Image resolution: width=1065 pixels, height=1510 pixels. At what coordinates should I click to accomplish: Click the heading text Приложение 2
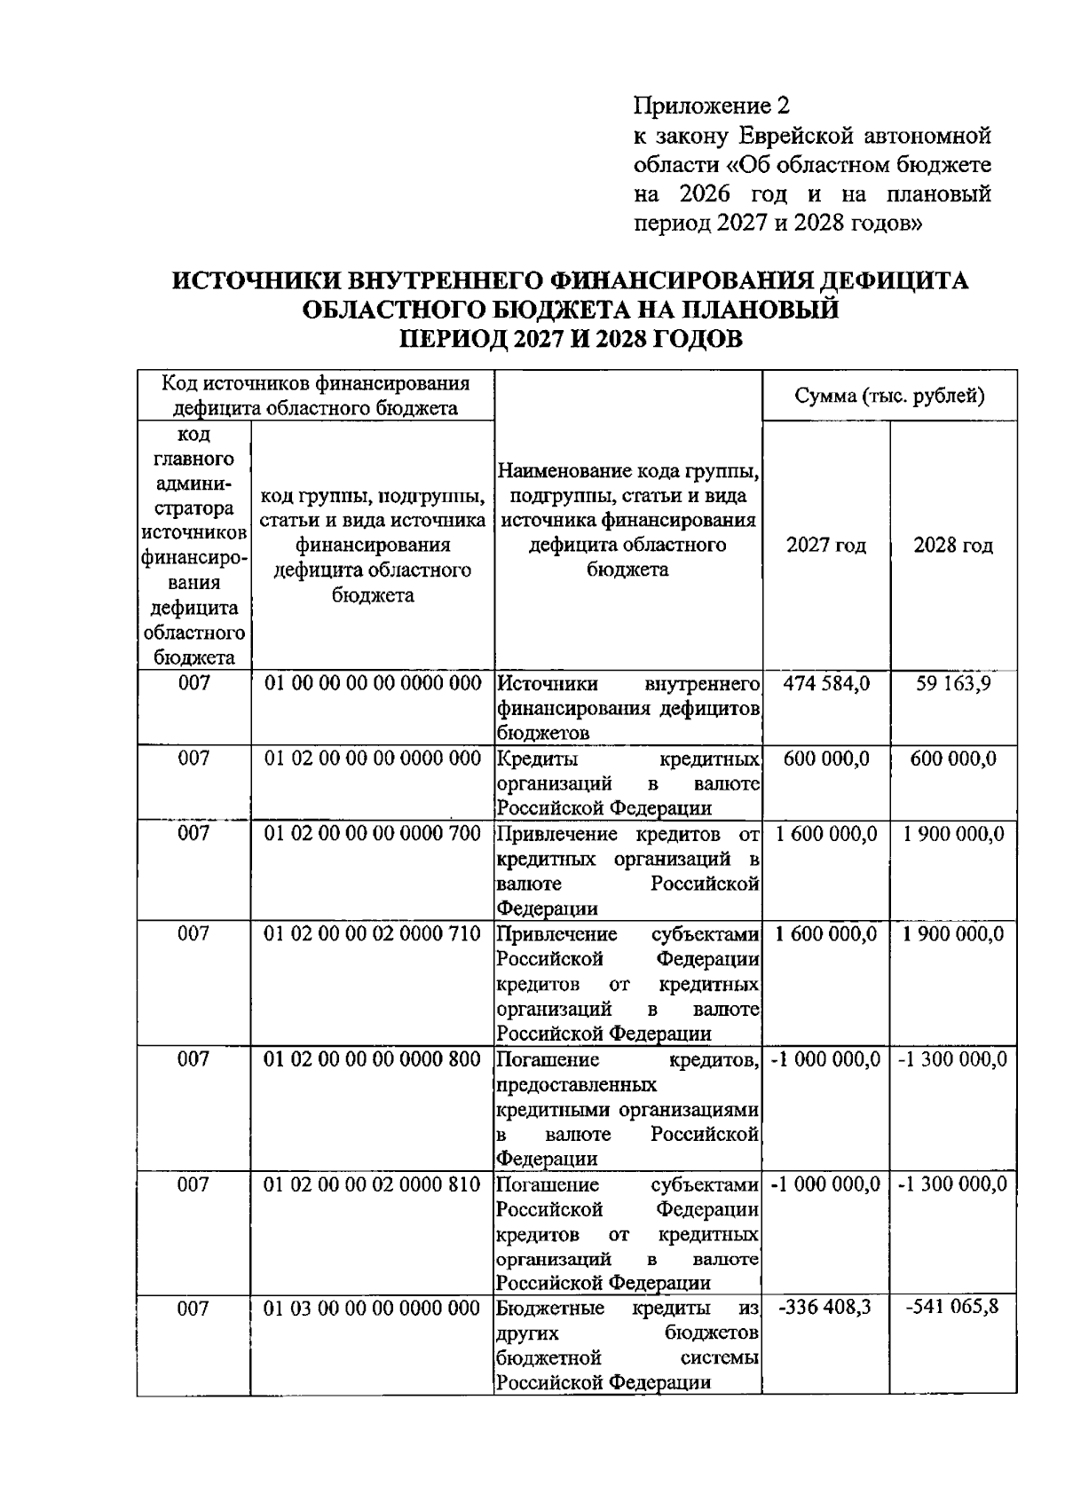(x=710, y=107)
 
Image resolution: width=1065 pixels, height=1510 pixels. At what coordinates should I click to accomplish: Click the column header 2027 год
(x=825, y=546)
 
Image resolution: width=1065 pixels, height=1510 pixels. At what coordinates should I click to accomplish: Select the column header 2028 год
(x=953, y=546)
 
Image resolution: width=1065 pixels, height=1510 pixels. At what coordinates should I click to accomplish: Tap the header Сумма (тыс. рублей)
(x=889, y=396)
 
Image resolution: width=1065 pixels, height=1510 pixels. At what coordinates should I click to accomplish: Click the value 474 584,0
(x=826, y=684)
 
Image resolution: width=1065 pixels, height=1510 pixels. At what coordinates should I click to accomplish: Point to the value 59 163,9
(x=953, y=684)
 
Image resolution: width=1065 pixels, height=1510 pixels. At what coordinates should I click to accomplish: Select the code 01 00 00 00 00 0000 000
(x=373, y=684)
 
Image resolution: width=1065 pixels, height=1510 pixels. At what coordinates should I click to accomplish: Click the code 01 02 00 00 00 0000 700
(x=373, y=834)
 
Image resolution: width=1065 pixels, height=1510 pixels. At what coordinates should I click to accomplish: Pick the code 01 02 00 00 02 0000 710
(x=373, y=934)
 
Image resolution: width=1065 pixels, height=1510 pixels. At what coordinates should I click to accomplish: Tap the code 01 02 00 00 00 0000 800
(x=373, y=1059)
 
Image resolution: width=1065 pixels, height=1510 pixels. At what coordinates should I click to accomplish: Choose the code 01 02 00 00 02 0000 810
(x=373, y=1184)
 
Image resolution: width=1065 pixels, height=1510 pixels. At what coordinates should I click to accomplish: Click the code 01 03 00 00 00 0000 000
(x=373, y=1309)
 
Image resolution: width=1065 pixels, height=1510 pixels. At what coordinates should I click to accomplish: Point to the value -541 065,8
(x=952, y=1309)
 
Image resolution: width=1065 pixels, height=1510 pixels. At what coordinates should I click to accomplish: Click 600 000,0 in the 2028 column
(x=953, y=759)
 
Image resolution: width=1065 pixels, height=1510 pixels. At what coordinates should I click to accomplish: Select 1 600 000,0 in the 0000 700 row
(x=825, y=834)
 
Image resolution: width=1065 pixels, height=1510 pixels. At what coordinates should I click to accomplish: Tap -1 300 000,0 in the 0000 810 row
(x=952, y=1184)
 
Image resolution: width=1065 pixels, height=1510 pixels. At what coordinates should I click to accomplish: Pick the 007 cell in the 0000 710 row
(x=193, y=934)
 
